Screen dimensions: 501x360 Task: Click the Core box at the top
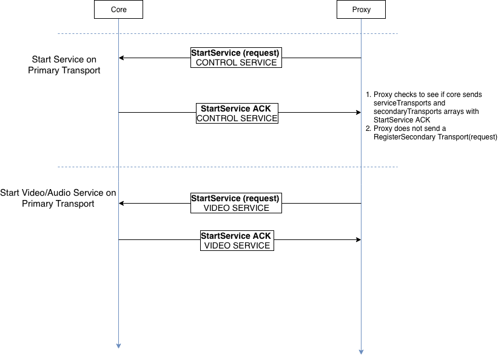[x=118, y=9]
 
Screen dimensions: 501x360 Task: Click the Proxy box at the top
[x=361, y=9]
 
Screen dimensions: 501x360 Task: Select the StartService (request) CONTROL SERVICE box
[x=236, y=58]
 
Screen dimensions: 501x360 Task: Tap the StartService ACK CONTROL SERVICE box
[x=237, y=113]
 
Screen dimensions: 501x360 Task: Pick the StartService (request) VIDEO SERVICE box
[x=236, y=203]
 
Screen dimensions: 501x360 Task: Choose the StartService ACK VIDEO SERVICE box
[x=237, y=241]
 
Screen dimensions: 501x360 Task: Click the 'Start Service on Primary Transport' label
[x=64, y=65]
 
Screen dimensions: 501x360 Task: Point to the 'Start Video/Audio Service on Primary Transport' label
[x=58, y=198]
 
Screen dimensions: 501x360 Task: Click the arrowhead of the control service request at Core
[x=121, y=58]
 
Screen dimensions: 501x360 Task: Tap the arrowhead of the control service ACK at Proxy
[x=358, y=112]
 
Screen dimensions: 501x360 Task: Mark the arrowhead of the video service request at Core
[x=121, y=203]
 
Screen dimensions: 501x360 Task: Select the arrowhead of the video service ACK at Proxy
[x=358, y=239]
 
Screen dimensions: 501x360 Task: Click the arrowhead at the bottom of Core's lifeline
[x=118, y=346]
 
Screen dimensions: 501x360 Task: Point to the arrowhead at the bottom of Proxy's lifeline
[x=361, y=352]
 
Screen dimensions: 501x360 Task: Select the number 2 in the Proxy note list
[x=368, y=128]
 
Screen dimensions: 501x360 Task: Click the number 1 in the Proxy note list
[x=368, y=95]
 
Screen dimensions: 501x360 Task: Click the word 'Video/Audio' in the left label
[x=56, y=193]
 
